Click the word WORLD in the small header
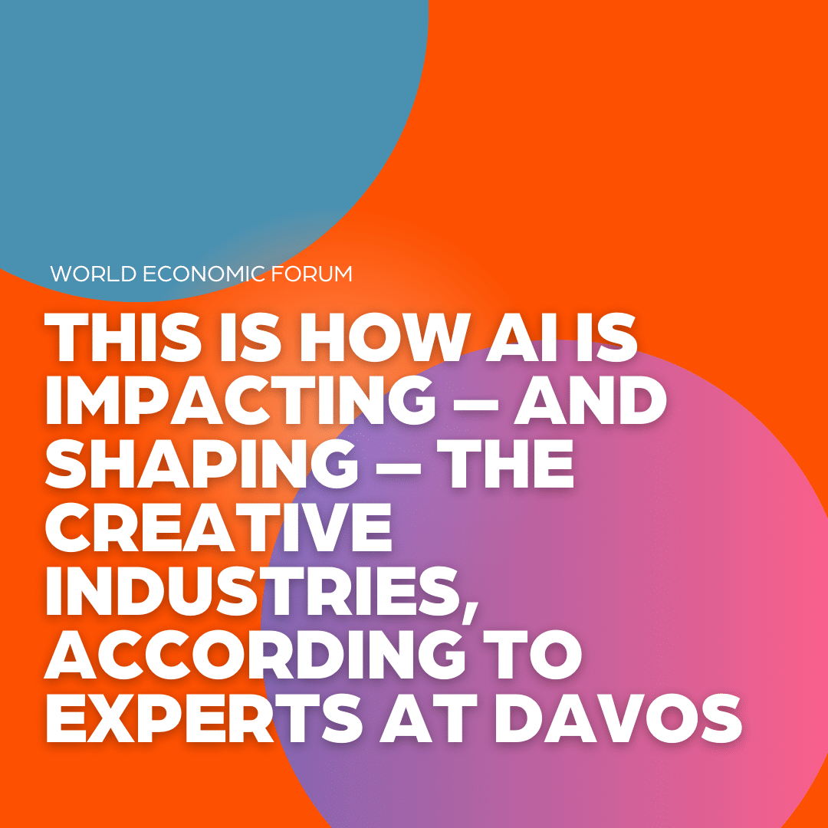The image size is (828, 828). (x=94, y=274)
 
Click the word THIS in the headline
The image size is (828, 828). (x=122, y=338)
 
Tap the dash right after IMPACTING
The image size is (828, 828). (x=476, y=402)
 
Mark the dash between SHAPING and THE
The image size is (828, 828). (x=399, y=466)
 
